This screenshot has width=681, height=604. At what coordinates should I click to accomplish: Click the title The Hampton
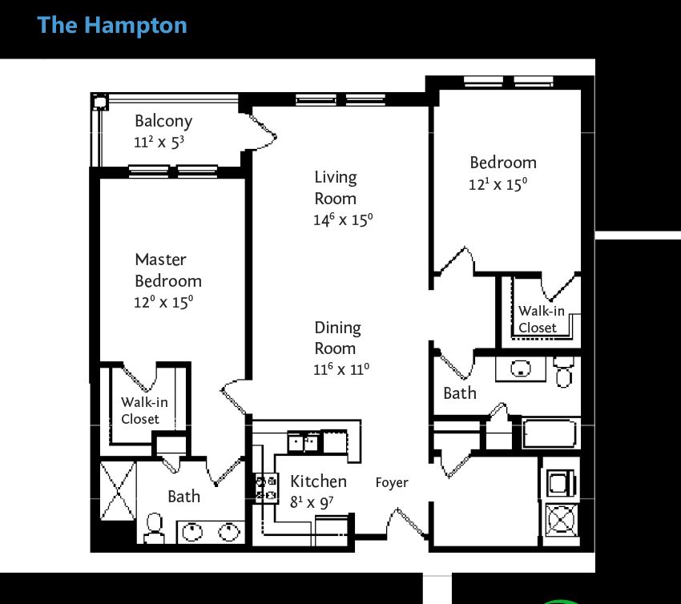(x=112, y=25)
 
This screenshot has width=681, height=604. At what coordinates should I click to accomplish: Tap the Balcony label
(x=163, y=121)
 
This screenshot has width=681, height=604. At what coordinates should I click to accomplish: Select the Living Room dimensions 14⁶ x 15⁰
(x=343, y=219)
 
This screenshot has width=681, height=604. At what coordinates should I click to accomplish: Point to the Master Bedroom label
(x=168, y=270)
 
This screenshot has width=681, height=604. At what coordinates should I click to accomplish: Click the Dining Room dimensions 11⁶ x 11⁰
(x=341, y=369)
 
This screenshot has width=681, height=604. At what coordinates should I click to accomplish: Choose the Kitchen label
(x=318, y=481)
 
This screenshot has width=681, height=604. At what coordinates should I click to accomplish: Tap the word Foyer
(x=392, y=482)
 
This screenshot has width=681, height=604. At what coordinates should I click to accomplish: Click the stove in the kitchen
(x=267, y=488)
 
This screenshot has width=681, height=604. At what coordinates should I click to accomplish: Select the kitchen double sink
(x=303, y=442)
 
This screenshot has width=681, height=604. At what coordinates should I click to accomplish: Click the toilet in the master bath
(x=154, y=528)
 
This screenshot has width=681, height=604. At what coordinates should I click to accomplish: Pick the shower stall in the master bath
(x=118, y=490)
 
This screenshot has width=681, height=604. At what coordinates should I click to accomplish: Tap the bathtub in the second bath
(x=550, y=433)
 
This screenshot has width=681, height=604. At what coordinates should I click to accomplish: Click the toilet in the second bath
(x=564, y=372)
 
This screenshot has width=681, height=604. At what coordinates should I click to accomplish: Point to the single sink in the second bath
(x=520, y=368)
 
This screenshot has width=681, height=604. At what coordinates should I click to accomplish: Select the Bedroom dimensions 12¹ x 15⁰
(x=498, y=184)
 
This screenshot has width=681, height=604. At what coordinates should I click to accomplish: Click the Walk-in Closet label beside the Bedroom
(x=541, y=319)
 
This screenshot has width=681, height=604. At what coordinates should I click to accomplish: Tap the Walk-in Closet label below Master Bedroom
(x=144, y=410)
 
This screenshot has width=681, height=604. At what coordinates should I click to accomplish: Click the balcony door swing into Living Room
(x=260, y=132)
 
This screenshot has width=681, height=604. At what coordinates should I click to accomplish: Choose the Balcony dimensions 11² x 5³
(x=159, y=143)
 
